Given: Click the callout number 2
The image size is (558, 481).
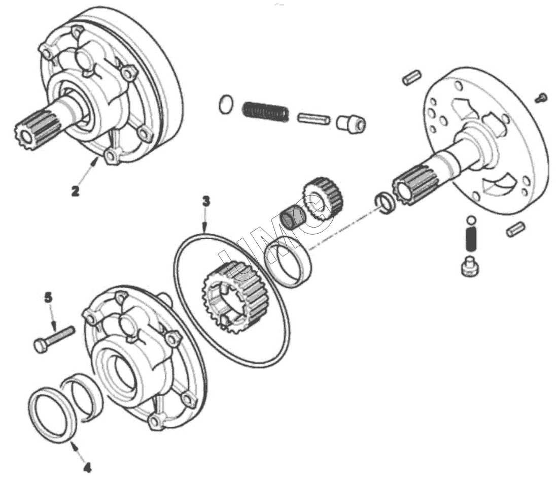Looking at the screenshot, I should pyautogui.click(x=75, y=191).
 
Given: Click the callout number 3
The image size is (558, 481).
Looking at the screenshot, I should pyautogui.click(x=205, y=202).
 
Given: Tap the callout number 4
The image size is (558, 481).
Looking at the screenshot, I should pyautogui.click(x=87, y=467).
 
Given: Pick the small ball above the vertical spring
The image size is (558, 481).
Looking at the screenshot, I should pyautogui.click(x=471, y=219).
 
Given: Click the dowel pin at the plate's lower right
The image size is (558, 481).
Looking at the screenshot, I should pyautogui.click(x=515, y=229).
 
